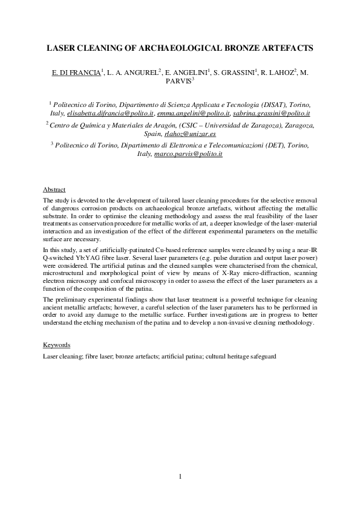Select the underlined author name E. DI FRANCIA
click(x=76, y=73)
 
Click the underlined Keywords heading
click(x=56, y=345)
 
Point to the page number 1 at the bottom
click(x=180, y=478)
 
